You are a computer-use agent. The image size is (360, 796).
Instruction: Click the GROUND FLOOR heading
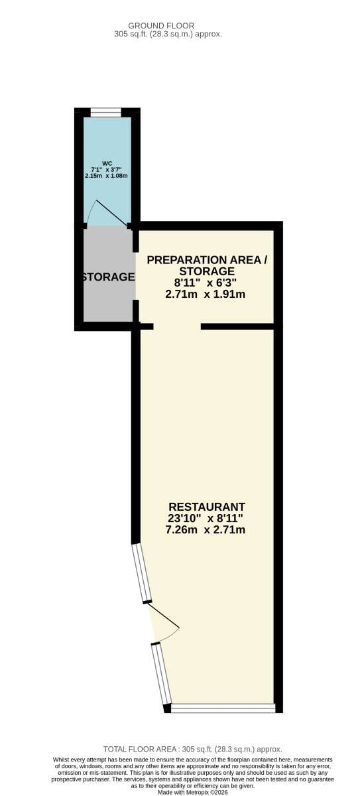(x=161, y=26)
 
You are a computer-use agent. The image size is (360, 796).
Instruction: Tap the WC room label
(x=107, y=163)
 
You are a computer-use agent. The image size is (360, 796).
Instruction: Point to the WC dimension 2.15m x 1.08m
(x=107, y=176)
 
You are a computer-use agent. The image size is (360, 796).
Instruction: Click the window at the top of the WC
(x=106, y=112)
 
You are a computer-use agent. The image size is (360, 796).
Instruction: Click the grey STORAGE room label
(x=108, y=277)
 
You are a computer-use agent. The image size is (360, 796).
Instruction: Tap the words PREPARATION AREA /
(x=208, y=260)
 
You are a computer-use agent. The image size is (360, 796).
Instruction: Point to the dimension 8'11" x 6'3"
(x=206, y=283)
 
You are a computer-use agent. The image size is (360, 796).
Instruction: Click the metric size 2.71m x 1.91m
(x=206, y=295)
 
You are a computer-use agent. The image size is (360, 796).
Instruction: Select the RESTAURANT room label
(x=207, y=507)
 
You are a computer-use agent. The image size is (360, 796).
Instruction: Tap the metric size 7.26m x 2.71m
(x=206, y=530)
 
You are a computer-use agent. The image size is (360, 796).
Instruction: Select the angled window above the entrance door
(x=141, y=573)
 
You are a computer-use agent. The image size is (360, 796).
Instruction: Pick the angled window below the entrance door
(x=161, y=675)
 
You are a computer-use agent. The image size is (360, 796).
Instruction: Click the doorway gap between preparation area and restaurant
(x=177, y=326)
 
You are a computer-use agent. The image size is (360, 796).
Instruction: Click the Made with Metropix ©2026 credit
(x=193, y=793)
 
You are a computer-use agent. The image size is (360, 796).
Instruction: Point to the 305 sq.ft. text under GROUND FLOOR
(x=168, y=34)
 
